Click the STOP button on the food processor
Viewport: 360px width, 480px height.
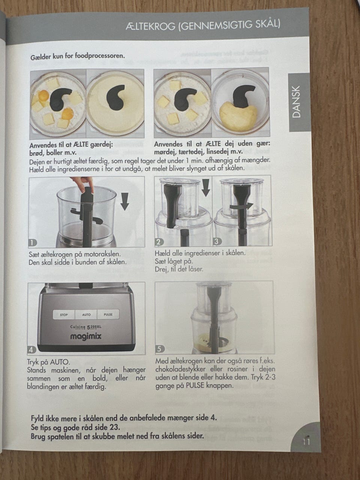(64, 315)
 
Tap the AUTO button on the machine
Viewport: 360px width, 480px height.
(86, 315)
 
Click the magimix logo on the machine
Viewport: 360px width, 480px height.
(86, 336)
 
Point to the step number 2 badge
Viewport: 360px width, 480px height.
(159, 242)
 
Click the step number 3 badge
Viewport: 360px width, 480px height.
(217, 241)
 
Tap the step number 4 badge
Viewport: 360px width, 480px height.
(31, 350)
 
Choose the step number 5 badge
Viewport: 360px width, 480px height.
(160, 349)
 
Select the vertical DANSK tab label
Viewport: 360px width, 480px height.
(297, 102)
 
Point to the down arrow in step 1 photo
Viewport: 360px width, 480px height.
(125, 201)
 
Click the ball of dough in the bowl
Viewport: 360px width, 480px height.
(238, 117)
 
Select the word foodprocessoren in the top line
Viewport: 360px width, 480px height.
(100, 56)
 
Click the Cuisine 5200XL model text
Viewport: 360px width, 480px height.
(86, 327)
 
